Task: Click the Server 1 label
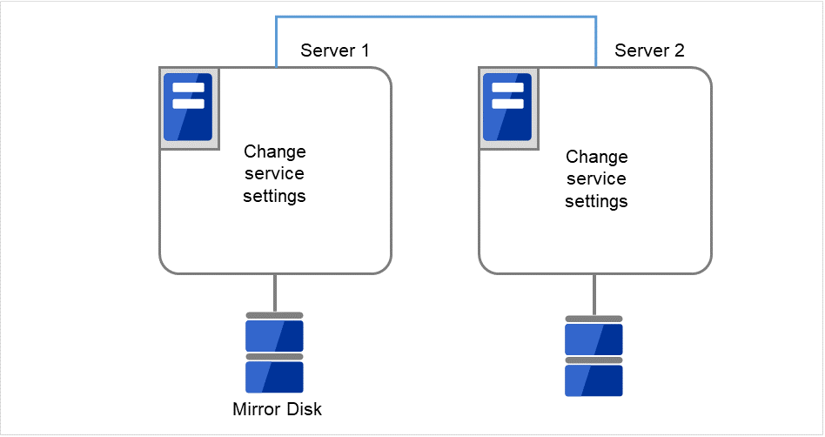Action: [334, 50]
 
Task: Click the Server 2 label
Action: [649, 50]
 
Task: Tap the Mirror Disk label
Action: [277, 409]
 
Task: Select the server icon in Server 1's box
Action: [189, 106]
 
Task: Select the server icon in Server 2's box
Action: [508, 106]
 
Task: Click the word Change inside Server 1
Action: [274, 151]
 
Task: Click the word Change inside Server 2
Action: [596, 158]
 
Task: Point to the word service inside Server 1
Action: [274, 173]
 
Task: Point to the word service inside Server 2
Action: [596, 179]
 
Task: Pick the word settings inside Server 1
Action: [274, 196]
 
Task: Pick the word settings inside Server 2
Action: [596, 202]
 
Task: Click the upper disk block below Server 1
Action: [274, 335]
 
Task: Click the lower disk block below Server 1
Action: [274, 377]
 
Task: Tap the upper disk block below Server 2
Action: [594, 339]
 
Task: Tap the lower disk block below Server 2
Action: [594, 380]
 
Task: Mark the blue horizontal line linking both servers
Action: [435, 16]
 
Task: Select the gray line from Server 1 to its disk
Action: [275, 292]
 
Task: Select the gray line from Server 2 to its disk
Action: [594, 294]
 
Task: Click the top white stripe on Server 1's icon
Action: [189, 88]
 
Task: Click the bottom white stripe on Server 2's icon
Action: [508, 104]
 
